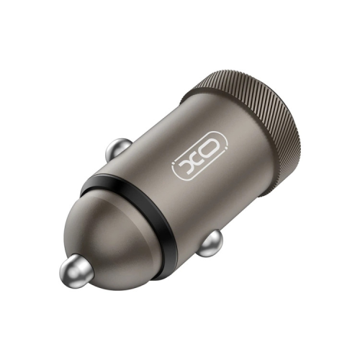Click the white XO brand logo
pyautogui.click(x=199, y=161)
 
